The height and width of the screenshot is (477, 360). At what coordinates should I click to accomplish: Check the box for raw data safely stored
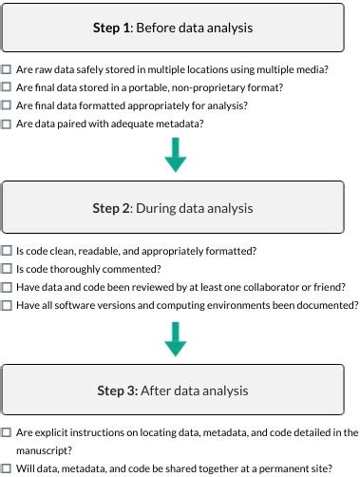point(7,69)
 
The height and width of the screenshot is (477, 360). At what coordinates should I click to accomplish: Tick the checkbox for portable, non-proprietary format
point(7,87)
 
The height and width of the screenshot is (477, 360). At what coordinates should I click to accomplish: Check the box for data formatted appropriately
point(7,105)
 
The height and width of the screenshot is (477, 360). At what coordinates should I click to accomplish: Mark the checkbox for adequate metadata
point(7,124)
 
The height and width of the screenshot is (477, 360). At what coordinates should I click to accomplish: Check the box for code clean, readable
point(7,251)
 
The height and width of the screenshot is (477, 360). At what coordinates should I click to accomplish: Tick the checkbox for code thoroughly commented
point(7,269)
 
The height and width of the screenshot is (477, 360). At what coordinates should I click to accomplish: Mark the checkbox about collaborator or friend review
point(7,287)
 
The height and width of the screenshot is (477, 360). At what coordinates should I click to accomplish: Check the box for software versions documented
point(7,305)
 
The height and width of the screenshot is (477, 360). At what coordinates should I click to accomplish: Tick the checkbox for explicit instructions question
point(7,432)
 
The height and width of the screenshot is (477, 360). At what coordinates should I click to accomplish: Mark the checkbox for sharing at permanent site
point(7,468)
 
